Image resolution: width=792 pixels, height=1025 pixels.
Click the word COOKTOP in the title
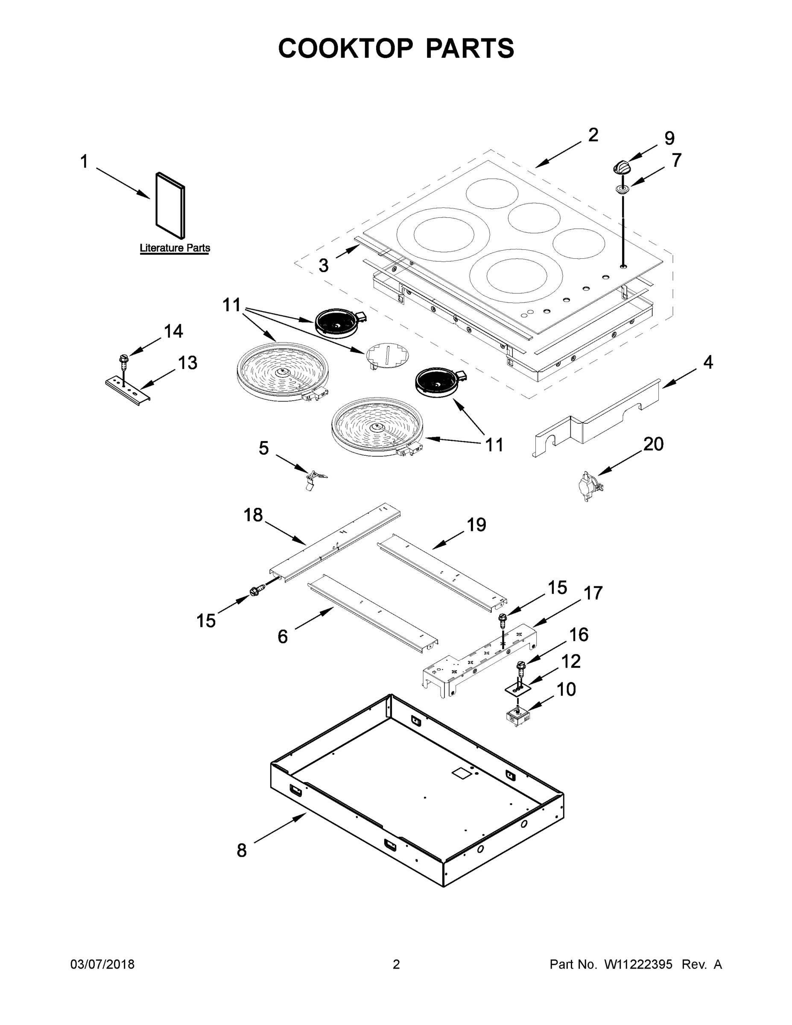[345, 48]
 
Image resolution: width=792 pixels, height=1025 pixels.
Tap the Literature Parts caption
[175, 248]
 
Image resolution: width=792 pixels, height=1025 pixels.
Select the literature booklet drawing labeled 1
[170, 205]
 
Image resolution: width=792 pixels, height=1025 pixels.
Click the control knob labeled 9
[622, 167]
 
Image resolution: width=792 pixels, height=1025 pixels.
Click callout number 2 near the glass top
[593, 135]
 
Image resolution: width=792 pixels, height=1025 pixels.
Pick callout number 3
[324, 266]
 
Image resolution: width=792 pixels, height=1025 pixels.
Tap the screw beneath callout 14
[124, 360]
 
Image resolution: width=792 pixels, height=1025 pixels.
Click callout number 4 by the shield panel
[708, 362]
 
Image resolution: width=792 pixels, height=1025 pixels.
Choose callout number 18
[253, 515]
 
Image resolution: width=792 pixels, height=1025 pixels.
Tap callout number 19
[476, 525]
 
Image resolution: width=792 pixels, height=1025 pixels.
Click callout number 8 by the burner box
[241, 850]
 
